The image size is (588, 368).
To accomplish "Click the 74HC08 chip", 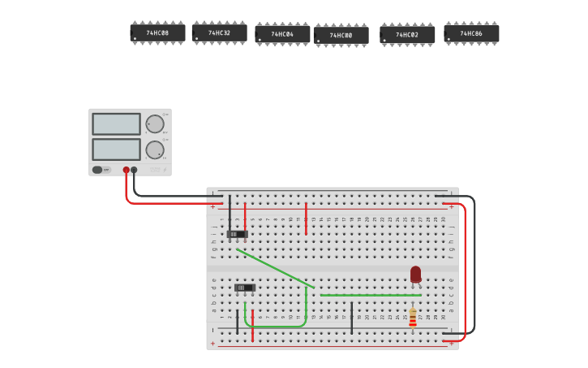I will pos(157,33).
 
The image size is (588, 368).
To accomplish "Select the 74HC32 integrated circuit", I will pos(219,33).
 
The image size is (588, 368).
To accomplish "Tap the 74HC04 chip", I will pos(282,34).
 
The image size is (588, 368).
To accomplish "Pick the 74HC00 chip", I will pos(341,36).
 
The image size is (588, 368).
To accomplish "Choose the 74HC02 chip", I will pos(407,35).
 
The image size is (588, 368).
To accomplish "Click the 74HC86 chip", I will pos(471,34).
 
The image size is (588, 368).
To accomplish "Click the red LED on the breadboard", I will pos(415,275).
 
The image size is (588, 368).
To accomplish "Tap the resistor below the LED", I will pos(413,317).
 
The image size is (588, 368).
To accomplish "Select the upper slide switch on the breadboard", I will pos(237,234).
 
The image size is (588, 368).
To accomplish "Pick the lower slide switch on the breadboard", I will pos(244,288).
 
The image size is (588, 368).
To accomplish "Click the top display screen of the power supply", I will pos(116,124).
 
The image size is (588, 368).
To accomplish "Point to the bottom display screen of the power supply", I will pos(116,149).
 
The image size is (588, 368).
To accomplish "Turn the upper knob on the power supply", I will pos(154,124).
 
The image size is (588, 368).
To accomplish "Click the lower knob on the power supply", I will pos(154,149).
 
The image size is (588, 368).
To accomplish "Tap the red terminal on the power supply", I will pos(126,170).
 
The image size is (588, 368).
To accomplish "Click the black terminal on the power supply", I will pos(134,170).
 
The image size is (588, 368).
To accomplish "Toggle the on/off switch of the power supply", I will pos(98,170).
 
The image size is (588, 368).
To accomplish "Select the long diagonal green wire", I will pos(276,268).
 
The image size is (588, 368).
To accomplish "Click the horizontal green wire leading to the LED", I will pos(365,295).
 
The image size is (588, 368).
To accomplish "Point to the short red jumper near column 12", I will pos(306,218).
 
